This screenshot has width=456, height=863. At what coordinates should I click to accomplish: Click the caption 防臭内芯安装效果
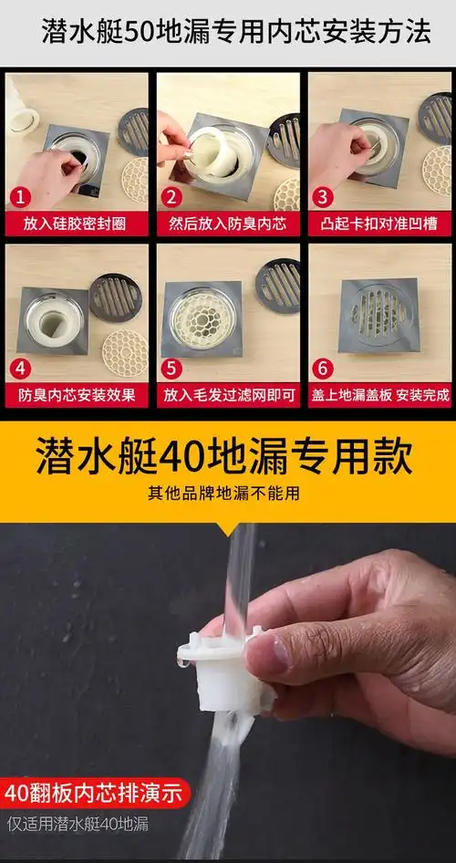coord(75,395)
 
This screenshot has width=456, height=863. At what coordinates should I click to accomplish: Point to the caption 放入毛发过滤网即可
coord(227,395)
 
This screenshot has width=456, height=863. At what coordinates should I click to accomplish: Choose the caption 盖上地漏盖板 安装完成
coord(379,395)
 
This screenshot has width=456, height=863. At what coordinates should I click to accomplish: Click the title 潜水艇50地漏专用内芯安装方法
coord(235,34)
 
